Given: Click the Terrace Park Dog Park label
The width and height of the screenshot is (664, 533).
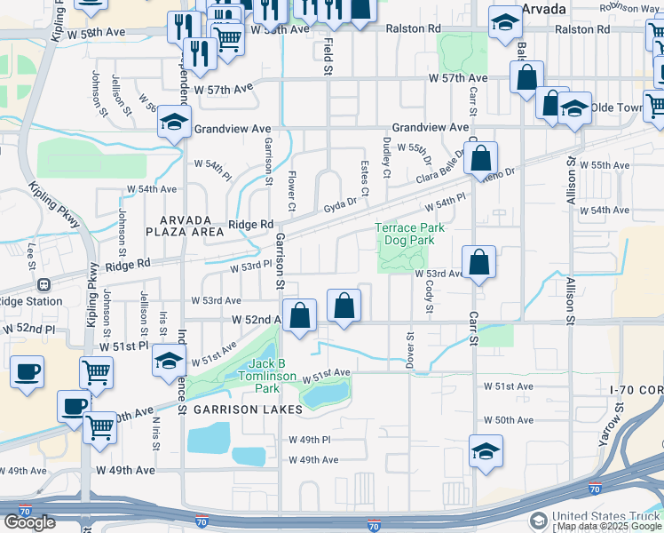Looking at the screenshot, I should point(409,234).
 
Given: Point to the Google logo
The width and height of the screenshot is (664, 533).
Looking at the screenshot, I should point(29,522).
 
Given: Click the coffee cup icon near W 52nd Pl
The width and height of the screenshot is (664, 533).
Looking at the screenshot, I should point(27,371).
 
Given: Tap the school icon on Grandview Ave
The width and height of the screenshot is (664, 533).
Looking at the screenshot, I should point(175,123).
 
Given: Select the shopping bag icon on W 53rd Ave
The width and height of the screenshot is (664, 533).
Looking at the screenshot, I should point(478,263).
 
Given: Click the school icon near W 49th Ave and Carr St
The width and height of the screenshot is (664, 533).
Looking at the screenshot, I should point(486,451).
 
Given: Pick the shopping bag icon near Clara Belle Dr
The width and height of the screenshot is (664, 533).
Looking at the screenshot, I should point(480,160).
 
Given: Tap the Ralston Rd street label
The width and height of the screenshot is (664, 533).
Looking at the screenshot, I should point(410,28).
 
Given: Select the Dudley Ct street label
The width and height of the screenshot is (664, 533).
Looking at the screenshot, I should point(386,156).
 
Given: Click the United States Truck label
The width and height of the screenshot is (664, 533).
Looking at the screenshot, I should point(606,517).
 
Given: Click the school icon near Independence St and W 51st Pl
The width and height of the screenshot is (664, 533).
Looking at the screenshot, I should point(168,362).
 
